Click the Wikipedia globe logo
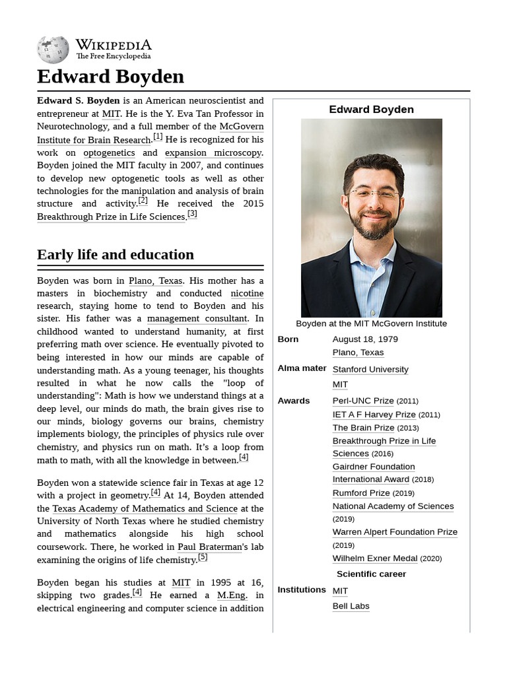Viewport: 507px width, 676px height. [53, 50]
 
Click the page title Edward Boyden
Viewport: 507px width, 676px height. [110, 77]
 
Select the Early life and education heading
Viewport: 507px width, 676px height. [116, 255]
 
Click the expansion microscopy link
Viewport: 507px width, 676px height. [213, 152]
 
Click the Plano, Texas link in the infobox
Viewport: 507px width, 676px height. [358, 353]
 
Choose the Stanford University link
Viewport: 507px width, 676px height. [370, 370]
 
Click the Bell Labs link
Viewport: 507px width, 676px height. [351, 606]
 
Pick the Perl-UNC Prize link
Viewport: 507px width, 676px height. [363, 401]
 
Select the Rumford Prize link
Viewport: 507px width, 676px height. [361, 493]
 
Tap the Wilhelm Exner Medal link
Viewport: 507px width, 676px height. [375, 558]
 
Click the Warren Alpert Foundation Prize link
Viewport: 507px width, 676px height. [395, 532]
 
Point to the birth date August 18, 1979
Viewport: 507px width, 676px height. [365, 339]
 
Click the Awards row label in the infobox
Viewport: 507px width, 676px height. [293, 401]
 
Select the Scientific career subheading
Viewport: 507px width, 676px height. [371, 574]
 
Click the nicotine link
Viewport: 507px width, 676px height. [247, 293]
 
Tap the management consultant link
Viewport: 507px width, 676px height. [197, 319]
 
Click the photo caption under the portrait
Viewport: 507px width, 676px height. [371, 323]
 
